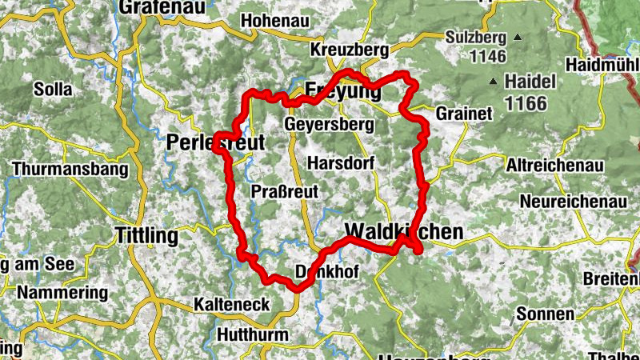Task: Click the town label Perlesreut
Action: (215, 142)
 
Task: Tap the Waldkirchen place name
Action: (403, 232)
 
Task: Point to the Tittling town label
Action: (146, 235)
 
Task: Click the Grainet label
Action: (464, 114)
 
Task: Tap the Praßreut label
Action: (285, 191)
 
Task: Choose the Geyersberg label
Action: (329, 125)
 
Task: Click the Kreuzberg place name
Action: (350, 50)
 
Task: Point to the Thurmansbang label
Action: (70, 170)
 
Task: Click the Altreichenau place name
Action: (553, 166)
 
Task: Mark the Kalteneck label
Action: (231, 305)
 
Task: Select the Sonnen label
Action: (545, 314)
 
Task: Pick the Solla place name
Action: (53, 90)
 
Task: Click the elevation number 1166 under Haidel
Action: (526, 102)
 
